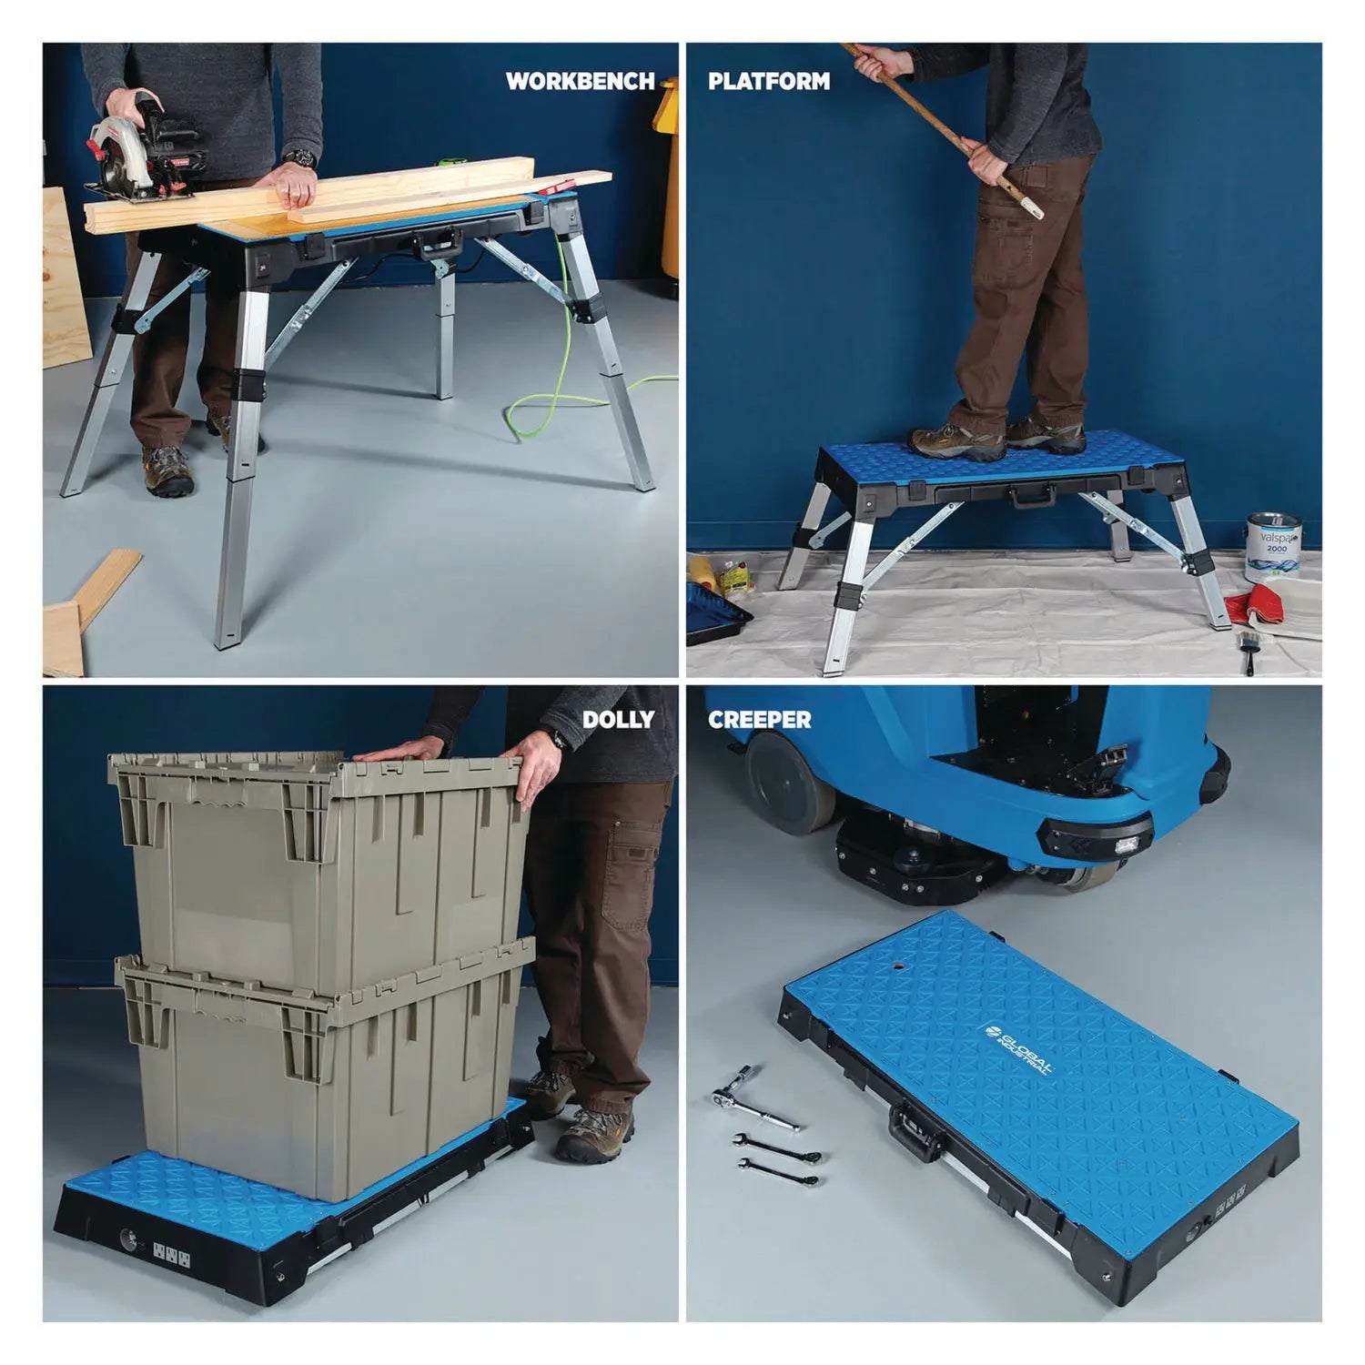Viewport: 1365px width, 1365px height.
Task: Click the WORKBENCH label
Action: pos(580,82)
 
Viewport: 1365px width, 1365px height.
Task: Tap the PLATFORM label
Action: pos(769,82)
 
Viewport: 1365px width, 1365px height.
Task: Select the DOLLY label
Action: pos(618,720)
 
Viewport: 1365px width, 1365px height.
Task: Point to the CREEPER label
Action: pos(759,720)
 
